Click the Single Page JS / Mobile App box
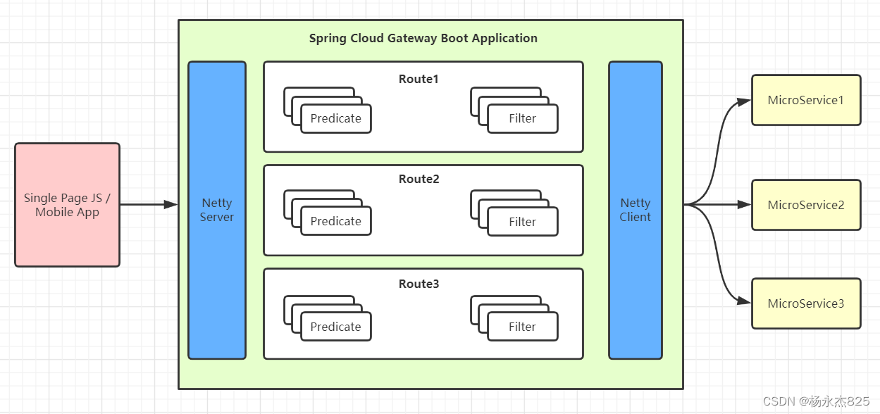pos(67,205)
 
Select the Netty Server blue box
pos(216,210)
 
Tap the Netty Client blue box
pos(635,210)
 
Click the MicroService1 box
pos(806,100)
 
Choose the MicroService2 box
pos(806,205)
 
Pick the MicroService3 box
pos(806,303)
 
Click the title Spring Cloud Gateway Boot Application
pos(423,38)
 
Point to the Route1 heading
pos(419,79)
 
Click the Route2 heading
pos(419,179)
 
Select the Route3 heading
pos(419,284)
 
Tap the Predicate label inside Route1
pos(335,118)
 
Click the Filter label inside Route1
pos(522,118)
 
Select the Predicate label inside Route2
pos(335,221)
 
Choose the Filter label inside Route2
pos(522,222)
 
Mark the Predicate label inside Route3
pos(335,327)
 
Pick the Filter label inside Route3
pos(522,327)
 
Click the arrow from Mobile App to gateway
pos(148,205)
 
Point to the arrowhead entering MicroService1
pos(744,101)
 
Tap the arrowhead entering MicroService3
pos(744,301)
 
